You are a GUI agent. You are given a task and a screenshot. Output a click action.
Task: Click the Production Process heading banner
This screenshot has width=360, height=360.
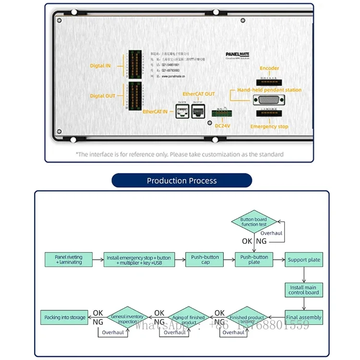(181, 180)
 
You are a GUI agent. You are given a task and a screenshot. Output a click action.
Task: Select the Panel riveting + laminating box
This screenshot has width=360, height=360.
(68, 260)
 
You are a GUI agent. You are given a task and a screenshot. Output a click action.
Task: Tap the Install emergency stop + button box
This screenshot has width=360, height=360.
(139, 260)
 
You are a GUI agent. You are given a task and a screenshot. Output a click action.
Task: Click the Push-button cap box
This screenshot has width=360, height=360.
(205, 260)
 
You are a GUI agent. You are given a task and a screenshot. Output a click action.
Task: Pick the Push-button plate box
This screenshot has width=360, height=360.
(254, 260)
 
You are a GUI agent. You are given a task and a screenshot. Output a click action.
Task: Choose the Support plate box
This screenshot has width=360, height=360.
(304, 260)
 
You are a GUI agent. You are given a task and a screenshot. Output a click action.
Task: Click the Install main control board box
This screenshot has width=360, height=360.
(304, 290)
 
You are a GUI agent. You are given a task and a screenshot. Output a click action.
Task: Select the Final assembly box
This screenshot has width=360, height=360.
(304, 317)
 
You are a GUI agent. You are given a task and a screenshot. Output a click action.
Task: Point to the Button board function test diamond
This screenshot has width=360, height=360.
(253, 222)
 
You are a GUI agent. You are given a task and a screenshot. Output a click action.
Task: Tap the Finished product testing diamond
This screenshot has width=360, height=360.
(247, 317)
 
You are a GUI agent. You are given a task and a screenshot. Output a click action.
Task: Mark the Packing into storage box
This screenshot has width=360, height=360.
(65, 317)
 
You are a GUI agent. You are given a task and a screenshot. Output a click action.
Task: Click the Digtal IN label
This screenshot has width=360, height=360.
(100, 66)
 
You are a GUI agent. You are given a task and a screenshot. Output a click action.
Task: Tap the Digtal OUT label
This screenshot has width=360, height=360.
(103, 96)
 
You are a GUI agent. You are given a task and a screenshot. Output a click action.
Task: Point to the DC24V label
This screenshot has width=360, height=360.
(222, 126)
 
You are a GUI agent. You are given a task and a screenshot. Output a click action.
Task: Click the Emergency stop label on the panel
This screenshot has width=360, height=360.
(269, 127)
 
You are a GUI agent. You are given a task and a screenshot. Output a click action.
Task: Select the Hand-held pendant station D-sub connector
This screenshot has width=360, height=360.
(269, 100)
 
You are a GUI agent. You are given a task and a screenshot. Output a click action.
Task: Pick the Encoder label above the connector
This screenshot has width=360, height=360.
(269, 68)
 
